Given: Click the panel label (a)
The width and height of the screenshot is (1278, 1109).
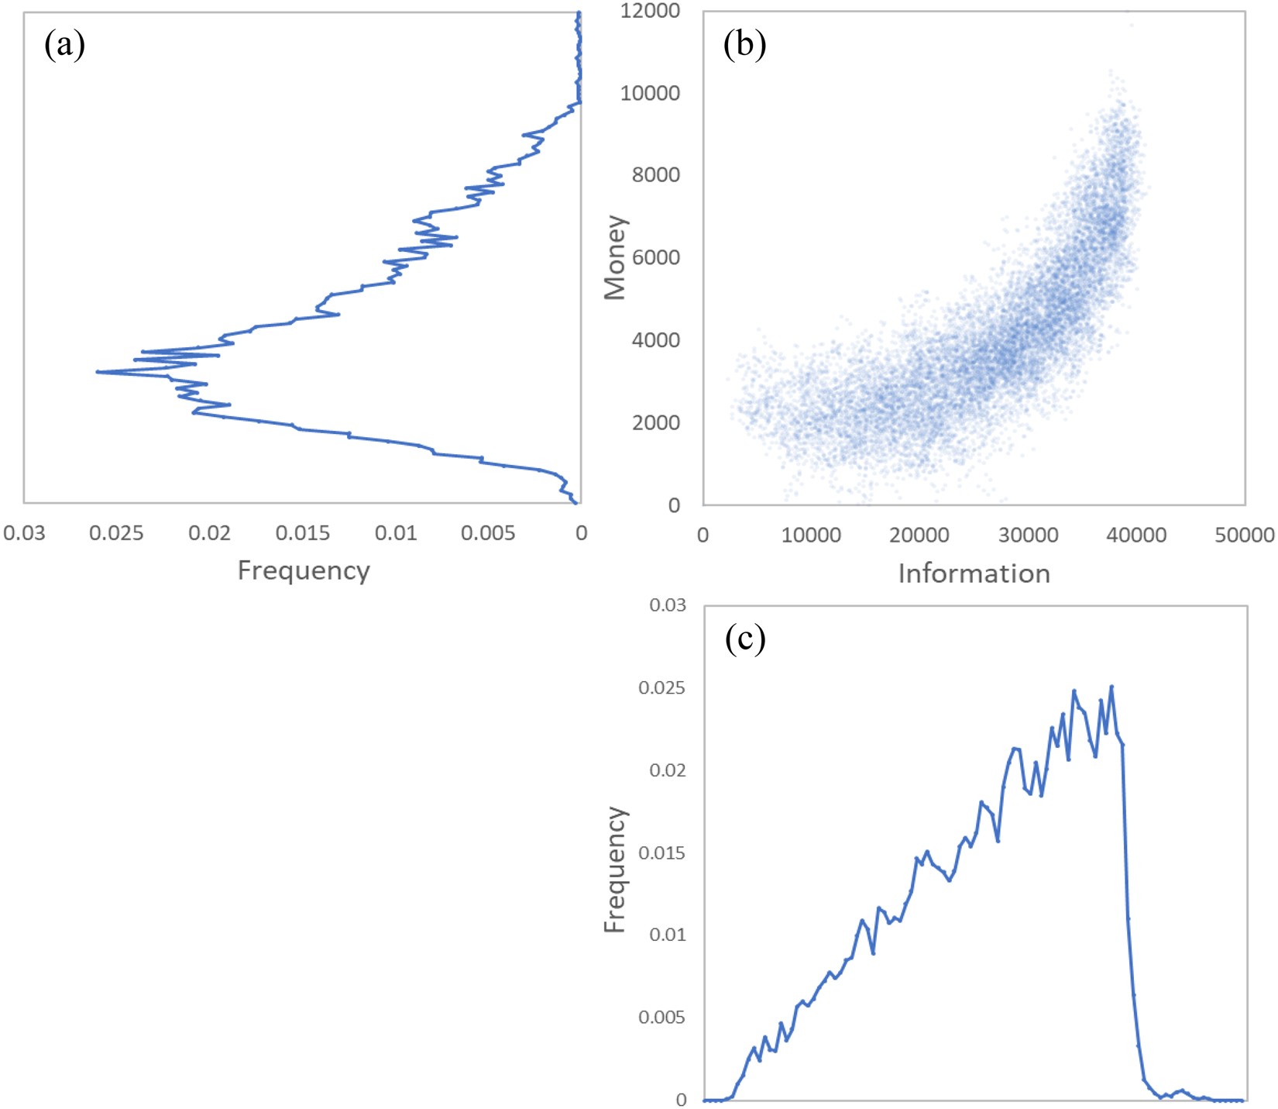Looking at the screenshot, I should point(64,45).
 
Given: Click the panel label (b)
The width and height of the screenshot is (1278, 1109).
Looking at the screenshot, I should point(744,45).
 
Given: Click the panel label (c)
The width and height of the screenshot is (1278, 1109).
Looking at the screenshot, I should point(744,639).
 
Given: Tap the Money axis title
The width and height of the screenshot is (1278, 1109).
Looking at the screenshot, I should point(615,257).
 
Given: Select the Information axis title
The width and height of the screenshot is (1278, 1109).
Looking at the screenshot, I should point(974,573).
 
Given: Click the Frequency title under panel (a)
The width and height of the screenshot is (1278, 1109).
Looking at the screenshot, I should point(303,570).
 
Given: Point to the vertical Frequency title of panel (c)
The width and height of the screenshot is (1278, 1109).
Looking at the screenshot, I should point(615,869).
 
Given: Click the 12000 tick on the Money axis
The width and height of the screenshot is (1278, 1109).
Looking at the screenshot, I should point(650,11).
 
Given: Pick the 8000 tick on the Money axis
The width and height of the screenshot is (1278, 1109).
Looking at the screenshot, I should point(655,175).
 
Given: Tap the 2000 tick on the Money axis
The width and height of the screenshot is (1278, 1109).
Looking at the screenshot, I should point(655,422).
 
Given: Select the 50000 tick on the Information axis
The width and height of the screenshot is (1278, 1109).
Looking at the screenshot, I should point(1244,536).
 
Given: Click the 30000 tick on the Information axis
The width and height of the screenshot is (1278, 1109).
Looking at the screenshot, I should point(1028,536).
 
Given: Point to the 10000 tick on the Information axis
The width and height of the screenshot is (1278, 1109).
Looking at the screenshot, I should point(811,536).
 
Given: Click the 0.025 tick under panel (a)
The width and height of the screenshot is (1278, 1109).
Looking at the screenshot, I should point(116,533).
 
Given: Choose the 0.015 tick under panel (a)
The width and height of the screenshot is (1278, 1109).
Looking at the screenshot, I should point(302,533).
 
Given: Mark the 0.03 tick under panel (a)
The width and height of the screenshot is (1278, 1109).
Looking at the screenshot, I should point(24,533).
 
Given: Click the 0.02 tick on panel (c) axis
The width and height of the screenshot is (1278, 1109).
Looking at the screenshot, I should point(667,770).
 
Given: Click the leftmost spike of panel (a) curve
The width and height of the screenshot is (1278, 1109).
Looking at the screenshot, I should point(98,372).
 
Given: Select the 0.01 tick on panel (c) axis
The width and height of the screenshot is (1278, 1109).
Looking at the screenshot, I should point(667,935).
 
